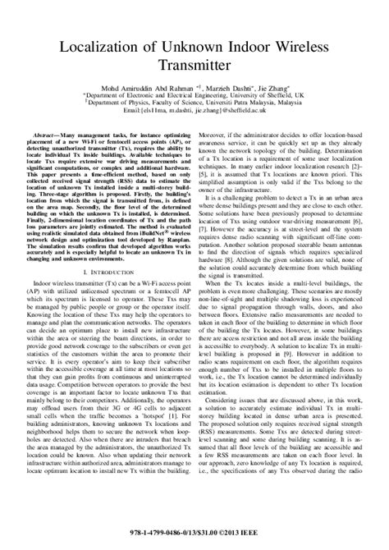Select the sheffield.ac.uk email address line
point(194,109)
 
